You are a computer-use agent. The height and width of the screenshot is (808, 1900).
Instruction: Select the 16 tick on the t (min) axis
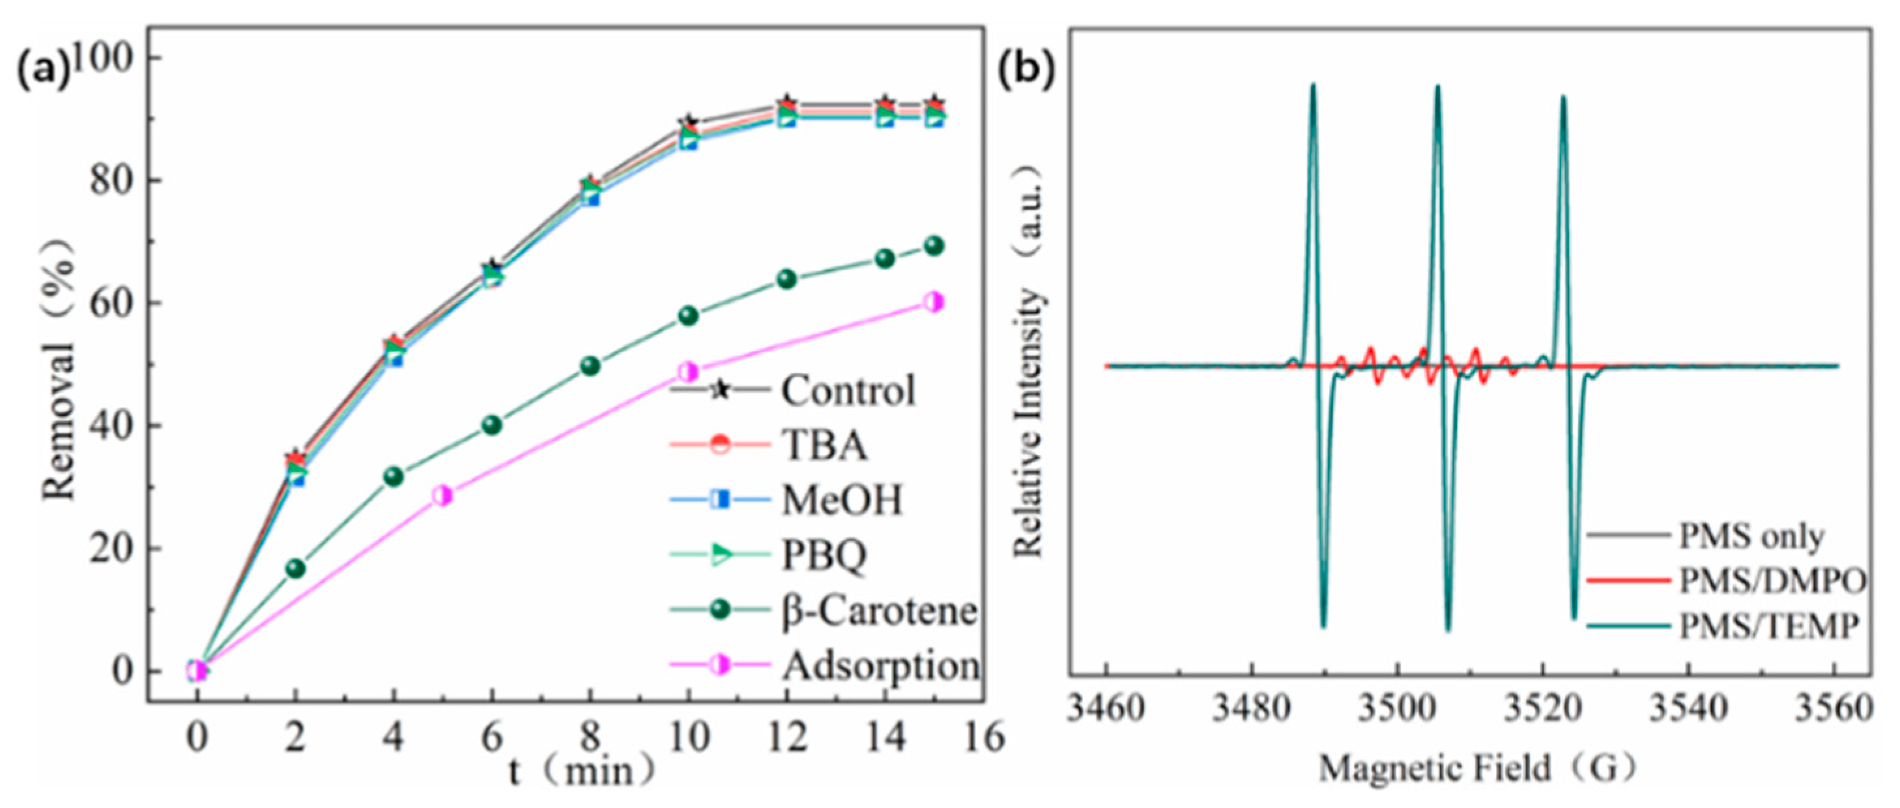[x=984, y=736]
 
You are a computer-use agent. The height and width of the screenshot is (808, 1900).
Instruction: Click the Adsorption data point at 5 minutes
[x=442, y=495]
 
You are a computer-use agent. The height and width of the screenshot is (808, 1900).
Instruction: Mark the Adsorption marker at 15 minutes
[x=934, y=302]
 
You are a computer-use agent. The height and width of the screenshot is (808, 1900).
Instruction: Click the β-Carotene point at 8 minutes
[x=590, y=366]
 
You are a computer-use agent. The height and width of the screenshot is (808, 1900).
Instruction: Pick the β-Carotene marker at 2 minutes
[x=295, y=568]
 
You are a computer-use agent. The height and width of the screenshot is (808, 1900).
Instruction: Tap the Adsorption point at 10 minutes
[x=687, y=372]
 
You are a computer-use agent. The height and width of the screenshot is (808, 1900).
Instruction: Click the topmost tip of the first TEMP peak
[x=1313, y=85]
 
